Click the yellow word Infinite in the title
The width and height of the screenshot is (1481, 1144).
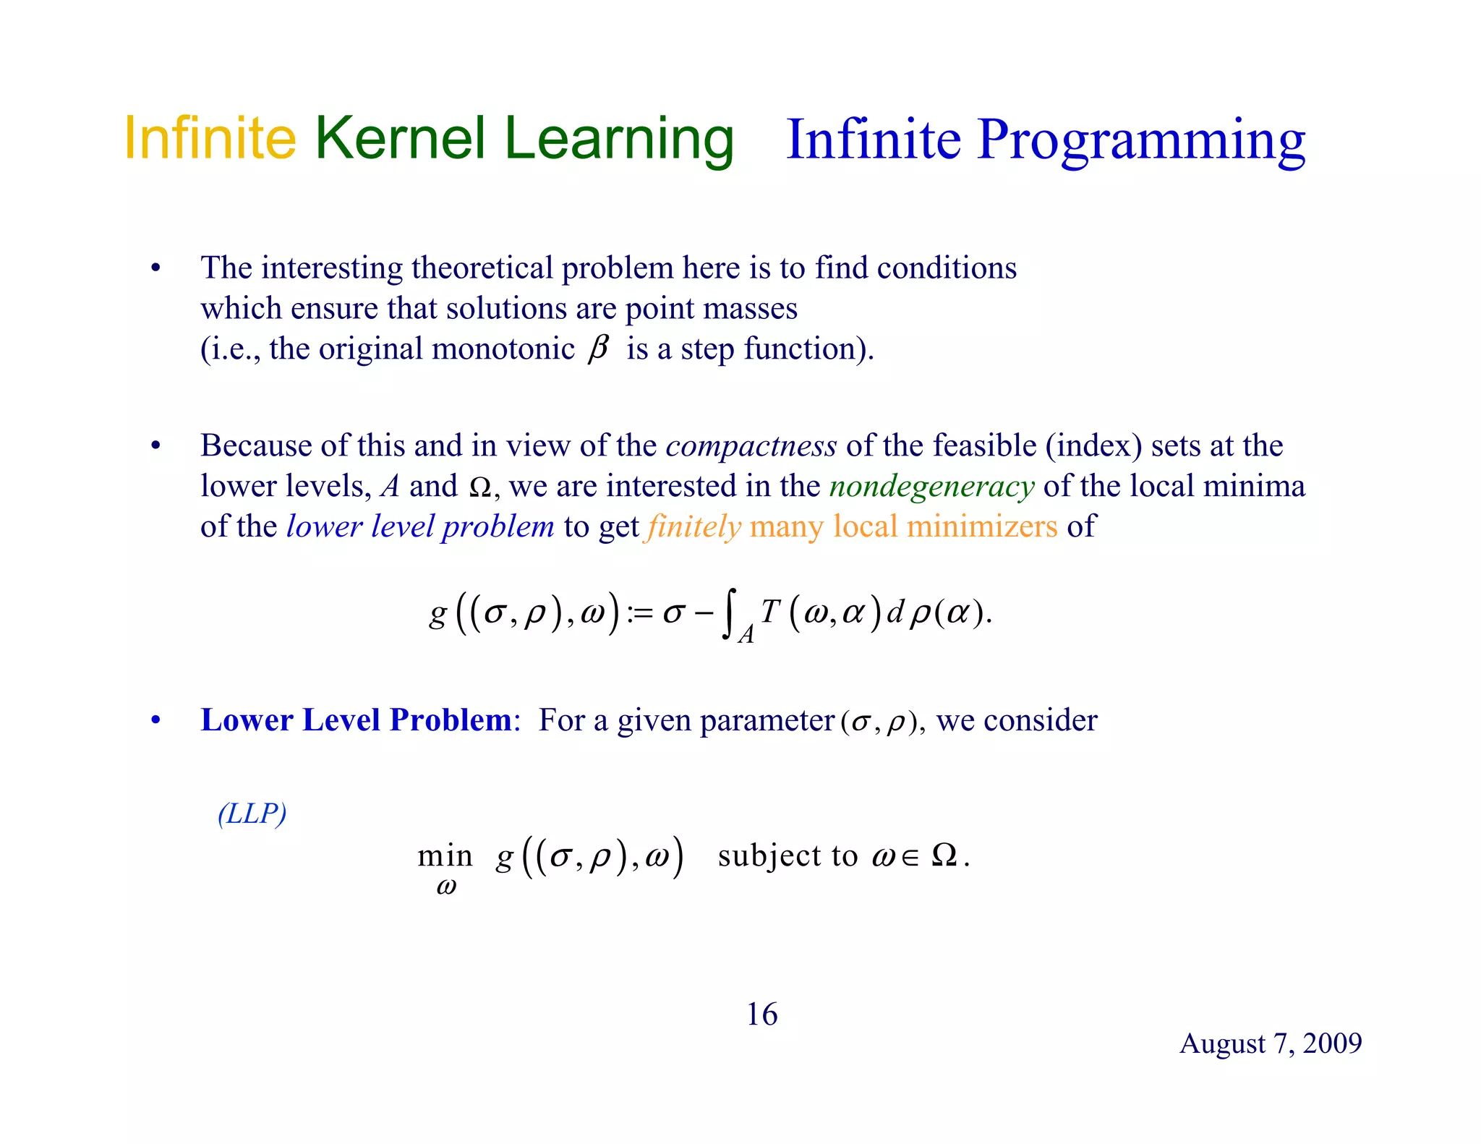(x=210, y=138)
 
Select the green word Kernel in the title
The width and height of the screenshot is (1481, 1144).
(x=400, y=138)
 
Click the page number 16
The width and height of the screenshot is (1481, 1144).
(x=761, y=1015)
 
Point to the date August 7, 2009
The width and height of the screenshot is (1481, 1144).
(x=1270, y=1043)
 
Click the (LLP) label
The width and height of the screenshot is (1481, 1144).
(x=252, y=814)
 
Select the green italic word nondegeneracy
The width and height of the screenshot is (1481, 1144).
(x=931, y=486)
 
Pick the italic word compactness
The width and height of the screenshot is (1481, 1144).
(x=751, y=445)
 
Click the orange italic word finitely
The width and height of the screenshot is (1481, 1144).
(x=694, y=526)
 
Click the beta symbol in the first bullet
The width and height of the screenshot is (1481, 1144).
(x=598, y=349)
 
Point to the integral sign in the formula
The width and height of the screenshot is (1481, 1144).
(x=729, y=613)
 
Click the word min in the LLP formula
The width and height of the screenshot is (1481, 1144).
(x=445, y=856)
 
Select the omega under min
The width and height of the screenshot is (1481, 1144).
(x=446, y=888)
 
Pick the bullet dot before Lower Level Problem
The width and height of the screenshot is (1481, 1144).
(x=155, y=721)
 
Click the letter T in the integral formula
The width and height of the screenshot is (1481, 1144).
(x=769, y=612)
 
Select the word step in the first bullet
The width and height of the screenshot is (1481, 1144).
(x=707, y=349)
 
